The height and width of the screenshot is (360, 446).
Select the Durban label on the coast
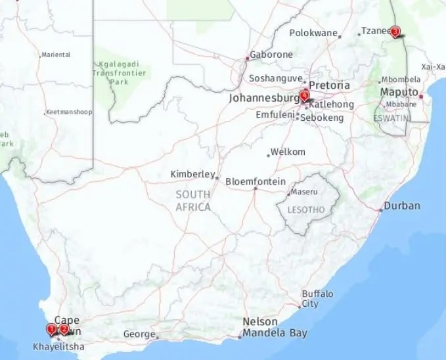click(402, 206)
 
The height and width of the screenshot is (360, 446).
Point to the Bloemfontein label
click(255, 181)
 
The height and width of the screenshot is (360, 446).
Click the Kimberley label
click(192, 174)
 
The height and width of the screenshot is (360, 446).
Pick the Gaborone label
click(272, 55)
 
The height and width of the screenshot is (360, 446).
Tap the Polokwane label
click(314, 32)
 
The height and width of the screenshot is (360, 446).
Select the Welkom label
click(288, 152)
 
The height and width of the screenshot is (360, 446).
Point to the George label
click(139, 334)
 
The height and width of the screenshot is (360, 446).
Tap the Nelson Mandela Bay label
click(274, 327)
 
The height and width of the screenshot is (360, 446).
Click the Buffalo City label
click(317, 298)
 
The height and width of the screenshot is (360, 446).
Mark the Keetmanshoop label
click(70, 112)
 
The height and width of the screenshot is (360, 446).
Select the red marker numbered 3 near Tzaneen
click(395, 30)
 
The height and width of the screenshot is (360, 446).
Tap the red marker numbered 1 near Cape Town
click(52, 328)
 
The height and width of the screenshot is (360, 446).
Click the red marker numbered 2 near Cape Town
click(64, 329)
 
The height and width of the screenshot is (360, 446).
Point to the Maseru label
click(305, 192)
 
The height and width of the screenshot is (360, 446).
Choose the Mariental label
click(55, 55)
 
